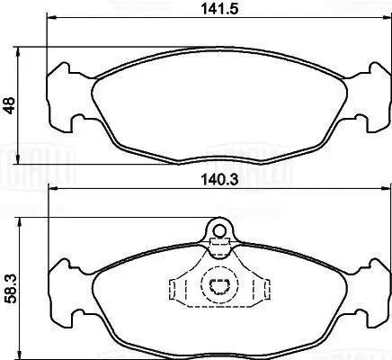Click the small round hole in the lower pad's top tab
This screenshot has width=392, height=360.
click(217, 229)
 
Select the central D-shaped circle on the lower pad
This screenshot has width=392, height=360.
click(217, 289)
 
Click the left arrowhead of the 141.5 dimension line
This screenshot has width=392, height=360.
click(50, 20)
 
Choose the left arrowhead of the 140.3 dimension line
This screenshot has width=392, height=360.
click(52, 189)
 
